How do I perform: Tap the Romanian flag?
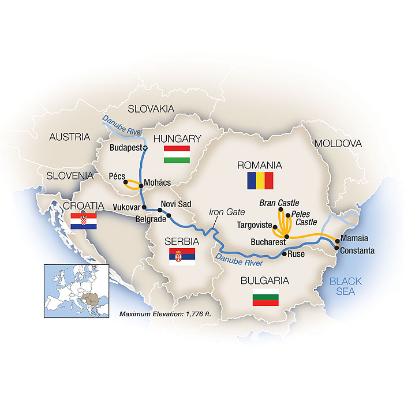click(x=260, y=181)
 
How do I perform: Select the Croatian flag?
click(x=83, y=222)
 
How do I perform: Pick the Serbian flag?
click(x=182, y=257)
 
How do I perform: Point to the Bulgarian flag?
click(x=265, y=298)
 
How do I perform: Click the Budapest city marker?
click(x=145, y=148)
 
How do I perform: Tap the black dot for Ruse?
click(x=284, y=253)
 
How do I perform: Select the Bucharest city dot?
click(x=287, y=237)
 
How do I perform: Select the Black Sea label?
click(x=346, y=286)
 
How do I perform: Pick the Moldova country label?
click(x=338, y=143)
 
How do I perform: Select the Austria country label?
click(x=70, y=137)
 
